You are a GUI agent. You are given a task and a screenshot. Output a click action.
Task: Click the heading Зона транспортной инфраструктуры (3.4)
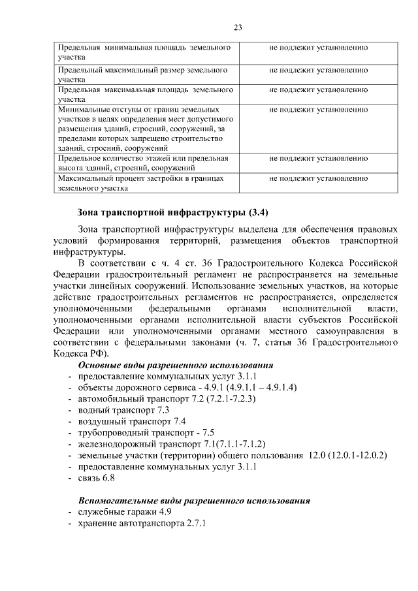pos(172,212)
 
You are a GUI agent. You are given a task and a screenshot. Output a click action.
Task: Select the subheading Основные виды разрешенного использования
pos(175,365)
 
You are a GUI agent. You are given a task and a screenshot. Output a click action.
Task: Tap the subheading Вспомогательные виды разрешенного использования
pos(193,501)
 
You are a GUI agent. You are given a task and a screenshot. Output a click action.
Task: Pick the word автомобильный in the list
pos(108,398)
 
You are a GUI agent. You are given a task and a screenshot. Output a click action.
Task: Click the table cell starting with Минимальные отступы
pos(146,129)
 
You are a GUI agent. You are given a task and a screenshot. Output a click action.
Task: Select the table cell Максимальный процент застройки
pos(146,183)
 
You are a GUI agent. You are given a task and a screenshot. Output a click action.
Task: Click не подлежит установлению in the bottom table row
pos(318,178)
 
